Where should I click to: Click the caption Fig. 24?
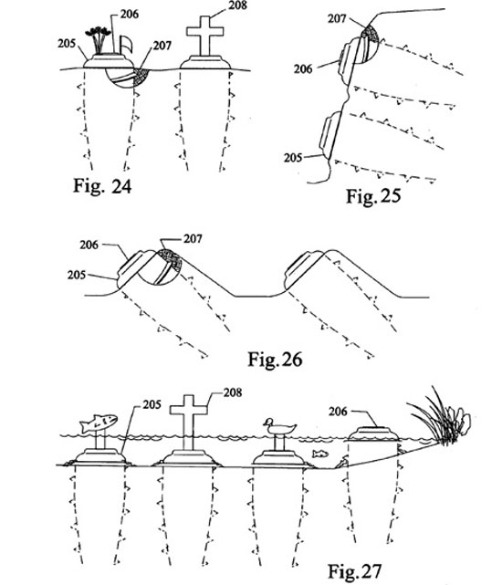pyautogui.click(x=102, y=185)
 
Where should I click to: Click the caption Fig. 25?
pyautogui.click(x=373, y=196)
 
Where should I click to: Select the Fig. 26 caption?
pyautogui.click(x=275, y=360)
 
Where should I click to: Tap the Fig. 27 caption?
pyautogui.click(x=355, y=571)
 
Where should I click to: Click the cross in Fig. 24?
pyautogui.click(x=204, y=36)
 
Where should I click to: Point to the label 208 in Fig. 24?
pyautogui.click(x=238, y=5)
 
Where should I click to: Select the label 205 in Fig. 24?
pyautogui.click(x=67, y=44)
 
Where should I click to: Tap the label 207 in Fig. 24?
pyautogui.click(x=162, y=46)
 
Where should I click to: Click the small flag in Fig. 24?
pyautogui.click(x=126, y=45)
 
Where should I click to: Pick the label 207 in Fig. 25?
pyautogui.click(x=337, y=18)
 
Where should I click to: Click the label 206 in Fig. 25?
pyautogui.click(x=303, y=69)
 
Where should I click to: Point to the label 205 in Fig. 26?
pyautogui.click(x=77, y=275)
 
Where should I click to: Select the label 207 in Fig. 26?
pyautogui.click(x=193, y=239)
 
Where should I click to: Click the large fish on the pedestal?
pyautogui.click(x=99, y=423)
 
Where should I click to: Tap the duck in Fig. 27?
pyautogui.click(x=279, y=426)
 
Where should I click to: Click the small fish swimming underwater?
pyautogui.click(x=320, y=454)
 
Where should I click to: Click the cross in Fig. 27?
pyautogui.click(x=189, y=423)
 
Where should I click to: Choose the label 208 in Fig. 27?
pyautogui.click(x=233, y=392)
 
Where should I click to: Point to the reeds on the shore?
pyautogui.click(x=440, y=418)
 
